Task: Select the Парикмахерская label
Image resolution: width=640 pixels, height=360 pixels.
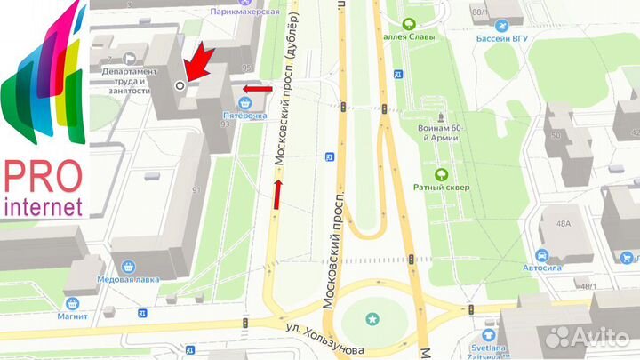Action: click(244, 12)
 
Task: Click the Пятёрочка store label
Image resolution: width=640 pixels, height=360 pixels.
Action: click(244, 116)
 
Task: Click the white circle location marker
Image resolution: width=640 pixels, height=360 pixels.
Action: click(180, 85)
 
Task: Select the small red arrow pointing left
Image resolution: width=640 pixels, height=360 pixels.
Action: click(257, 88)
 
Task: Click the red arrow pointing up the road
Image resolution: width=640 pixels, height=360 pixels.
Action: click(278, 194)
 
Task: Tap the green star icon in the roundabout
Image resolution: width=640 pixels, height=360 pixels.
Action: click(372, 318)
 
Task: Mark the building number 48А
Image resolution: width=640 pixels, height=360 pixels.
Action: click(563, 225)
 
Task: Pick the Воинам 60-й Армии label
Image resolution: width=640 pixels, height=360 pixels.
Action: click(439, 132)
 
